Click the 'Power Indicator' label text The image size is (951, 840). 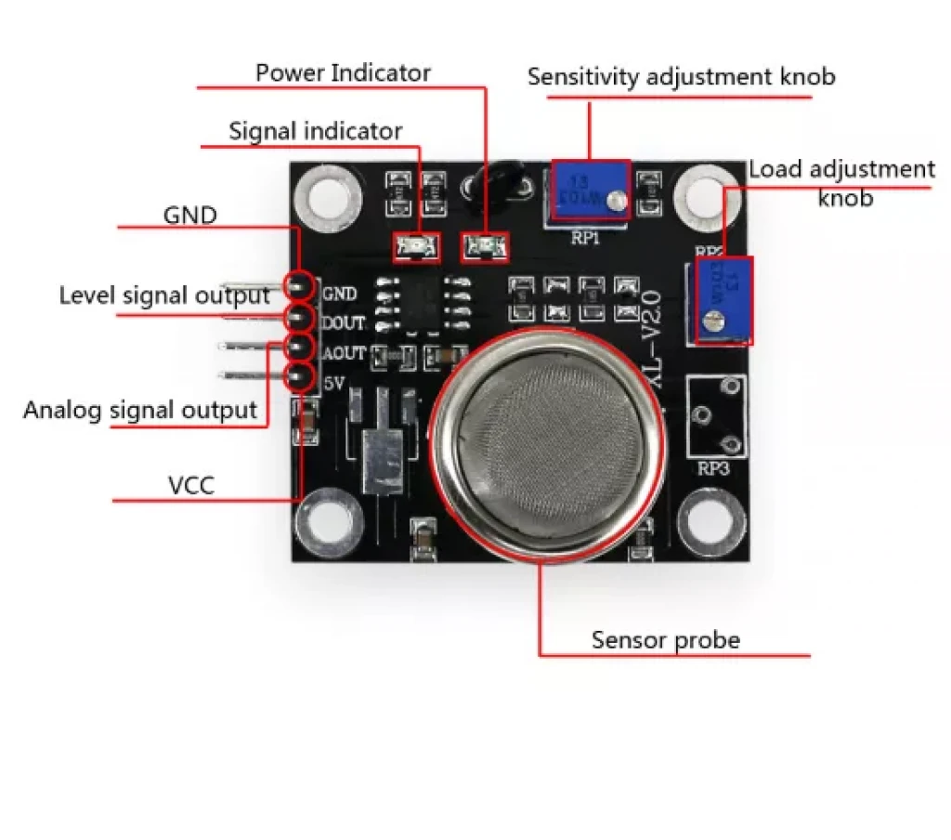coord(343,72)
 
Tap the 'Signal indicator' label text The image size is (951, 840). coord(316,132)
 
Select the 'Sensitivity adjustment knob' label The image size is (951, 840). coord(681,77)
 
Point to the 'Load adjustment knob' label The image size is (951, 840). coord(841,183)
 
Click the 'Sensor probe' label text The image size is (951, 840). coord(666,640)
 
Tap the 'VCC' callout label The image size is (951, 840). coord(191,485)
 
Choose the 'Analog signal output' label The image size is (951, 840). coord(140,410)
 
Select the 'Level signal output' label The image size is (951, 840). coord(164,295)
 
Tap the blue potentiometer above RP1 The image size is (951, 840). coord(591,190)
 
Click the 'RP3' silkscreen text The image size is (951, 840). coord(714,469)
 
